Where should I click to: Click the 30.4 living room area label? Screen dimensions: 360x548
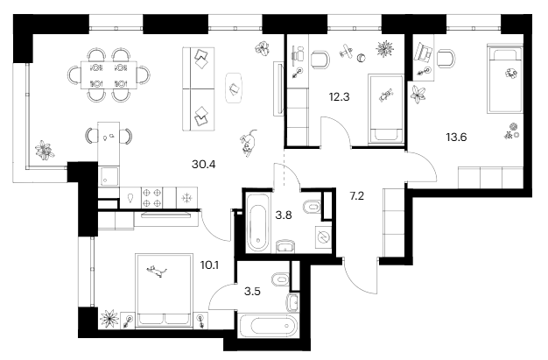(203, 162)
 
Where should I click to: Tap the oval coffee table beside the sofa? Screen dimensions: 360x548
(235, 87)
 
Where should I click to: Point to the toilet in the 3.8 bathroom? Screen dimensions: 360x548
(308, 208)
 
